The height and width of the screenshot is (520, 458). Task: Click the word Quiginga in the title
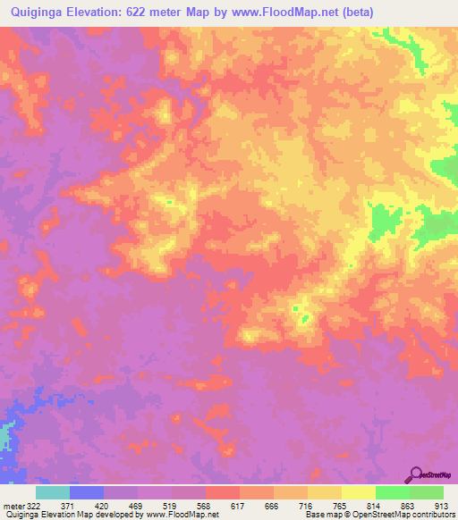(34, 12)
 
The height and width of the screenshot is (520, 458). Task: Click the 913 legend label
(441, 507)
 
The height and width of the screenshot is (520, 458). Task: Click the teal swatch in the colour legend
(53, 492)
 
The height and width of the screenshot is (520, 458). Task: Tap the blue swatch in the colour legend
(87, 492)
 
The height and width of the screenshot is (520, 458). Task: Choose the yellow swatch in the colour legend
(359, 492)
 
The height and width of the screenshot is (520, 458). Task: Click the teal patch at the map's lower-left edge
(5, 439)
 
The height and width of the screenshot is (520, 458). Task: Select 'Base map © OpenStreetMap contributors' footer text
(377, 516)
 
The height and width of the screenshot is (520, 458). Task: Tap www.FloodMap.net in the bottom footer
(182, 516)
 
